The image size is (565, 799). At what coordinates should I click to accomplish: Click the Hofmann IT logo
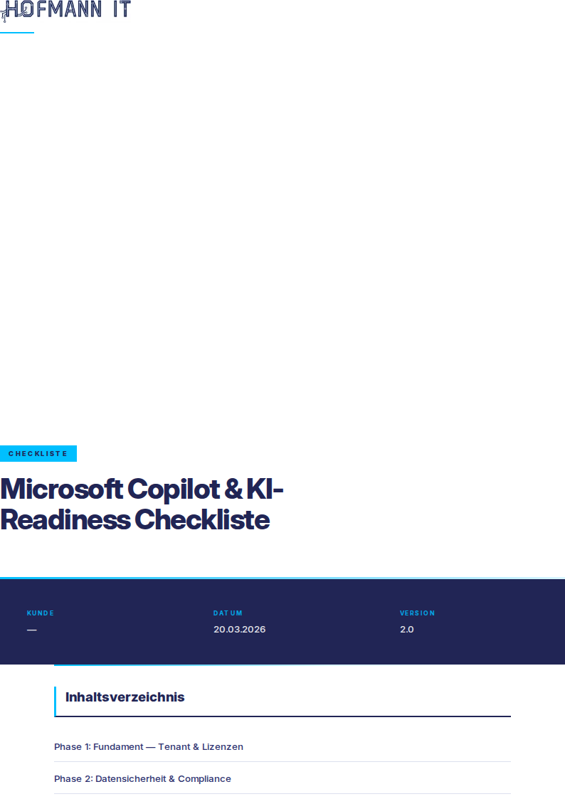pos(65,10)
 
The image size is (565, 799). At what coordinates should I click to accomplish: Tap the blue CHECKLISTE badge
pos(38,453)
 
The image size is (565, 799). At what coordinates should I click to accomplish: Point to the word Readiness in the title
pos(65,520)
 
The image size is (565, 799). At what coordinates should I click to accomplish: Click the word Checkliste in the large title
pos(202,520)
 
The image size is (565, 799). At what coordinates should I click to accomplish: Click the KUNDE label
pos(41,613)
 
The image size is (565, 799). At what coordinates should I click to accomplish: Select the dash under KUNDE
pos(32,630)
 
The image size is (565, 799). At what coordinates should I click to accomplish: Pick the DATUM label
pos(228,613)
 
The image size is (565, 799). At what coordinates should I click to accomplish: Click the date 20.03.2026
pos(239,630)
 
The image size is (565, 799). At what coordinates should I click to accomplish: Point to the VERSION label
pos(417,613)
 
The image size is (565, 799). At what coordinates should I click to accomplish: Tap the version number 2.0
pos(407,630)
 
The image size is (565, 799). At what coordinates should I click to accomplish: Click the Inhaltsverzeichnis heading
pos(125,697)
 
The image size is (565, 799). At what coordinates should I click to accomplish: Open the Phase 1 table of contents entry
pos(149,746)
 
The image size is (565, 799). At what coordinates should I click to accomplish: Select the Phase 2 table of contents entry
pos(142,778)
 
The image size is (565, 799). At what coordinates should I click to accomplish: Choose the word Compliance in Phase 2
pos(204,778)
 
